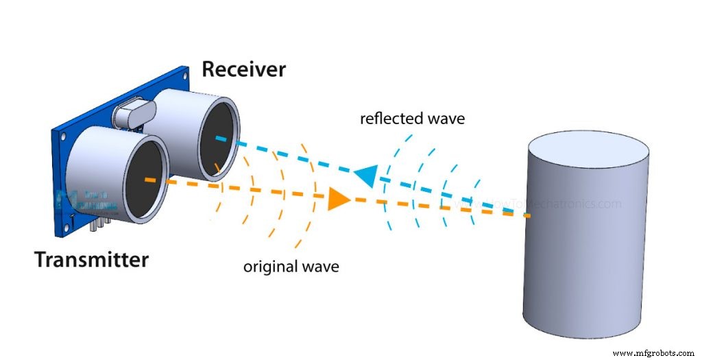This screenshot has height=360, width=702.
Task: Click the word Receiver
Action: tap(243, 69)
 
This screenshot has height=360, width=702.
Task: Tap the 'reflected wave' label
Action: tap(412, 119)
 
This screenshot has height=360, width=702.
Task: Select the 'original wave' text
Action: tap(291, 266)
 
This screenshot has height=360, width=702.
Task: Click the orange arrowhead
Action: tap(339, 199)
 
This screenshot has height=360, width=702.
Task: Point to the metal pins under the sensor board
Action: tap(101, 224)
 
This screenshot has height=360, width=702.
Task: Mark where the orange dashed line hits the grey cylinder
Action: tap(529, 216)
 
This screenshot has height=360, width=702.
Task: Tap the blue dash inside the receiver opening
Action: tap(221, 138)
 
